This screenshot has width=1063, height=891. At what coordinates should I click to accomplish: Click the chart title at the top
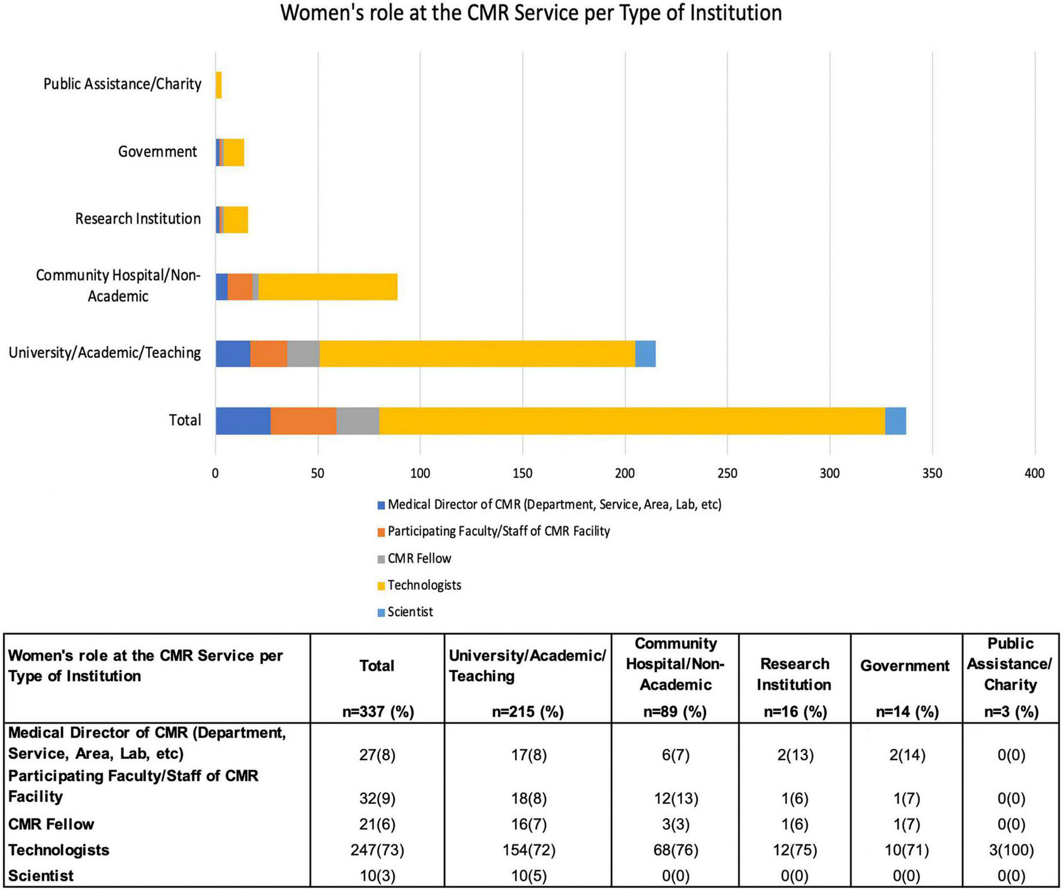[x=531, y=13]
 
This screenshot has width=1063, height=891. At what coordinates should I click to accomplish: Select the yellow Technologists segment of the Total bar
[x=631, y=421]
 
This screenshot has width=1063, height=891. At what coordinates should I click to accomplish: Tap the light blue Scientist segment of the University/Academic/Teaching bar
[x=645, y=353]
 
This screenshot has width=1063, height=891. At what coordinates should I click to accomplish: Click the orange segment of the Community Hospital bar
[x=240, y=287]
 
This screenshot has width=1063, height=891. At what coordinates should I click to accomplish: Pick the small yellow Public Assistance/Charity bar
[x=218, y=85]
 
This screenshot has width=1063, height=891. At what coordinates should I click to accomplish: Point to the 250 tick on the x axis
[x=727, y=473]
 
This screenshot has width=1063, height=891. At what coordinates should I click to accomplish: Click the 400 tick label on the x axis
[x=1034, y=473]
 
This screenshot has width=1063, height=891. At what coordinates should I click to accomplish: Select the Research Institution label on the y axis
[x=137, y=218]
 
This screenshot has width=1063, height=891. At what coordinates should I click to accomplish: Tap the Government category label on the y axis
[x=157, y=151]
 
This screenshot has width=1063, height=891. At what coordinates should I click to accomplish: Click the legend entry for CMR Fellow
[x=419, y=559]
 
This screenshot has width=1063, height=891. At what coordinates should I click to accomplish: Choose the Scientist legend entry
[x=410, y=612]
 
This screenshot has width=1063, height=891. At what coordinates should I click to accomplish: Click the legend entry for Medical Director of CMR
[x=554, y=505]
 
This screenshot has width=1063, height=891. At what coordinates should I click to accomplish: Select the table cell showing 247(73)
[x=377, y=850]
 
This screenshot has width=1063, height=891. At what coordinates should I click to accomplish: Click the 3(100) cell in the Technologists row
[x=1010, y=850]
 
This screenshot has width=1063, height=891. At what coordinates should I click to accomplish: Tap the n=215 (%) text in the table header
[x=527, y=712]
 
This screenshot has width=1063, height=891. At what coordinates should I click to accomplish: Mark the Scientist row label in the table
[x=41, y=875]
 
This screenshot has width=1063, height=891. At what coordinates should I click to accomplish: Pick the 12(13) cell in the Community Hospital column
[x=675, y=799]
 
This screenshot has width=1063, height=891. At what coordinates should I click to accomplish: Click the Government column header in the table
[x=905, y=666]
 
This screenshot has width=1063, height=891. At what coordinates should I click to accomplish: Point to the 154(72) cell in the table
[x=527, y=850]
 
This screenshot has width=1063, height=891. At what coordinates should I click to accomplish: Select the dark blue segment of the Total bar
[x=242, y=421]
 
